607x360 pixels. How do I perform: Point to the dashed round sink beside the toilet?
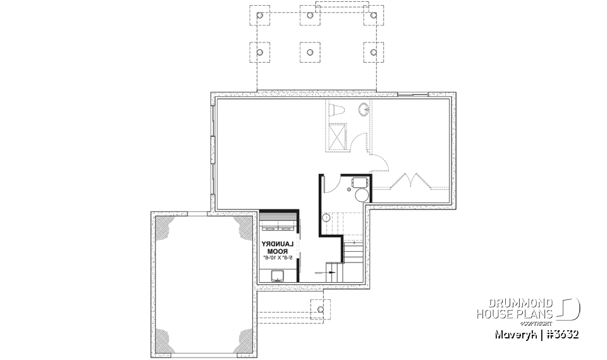click(364, 109)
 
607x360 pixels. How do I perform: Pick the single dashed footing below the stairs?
click(321, 309)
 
